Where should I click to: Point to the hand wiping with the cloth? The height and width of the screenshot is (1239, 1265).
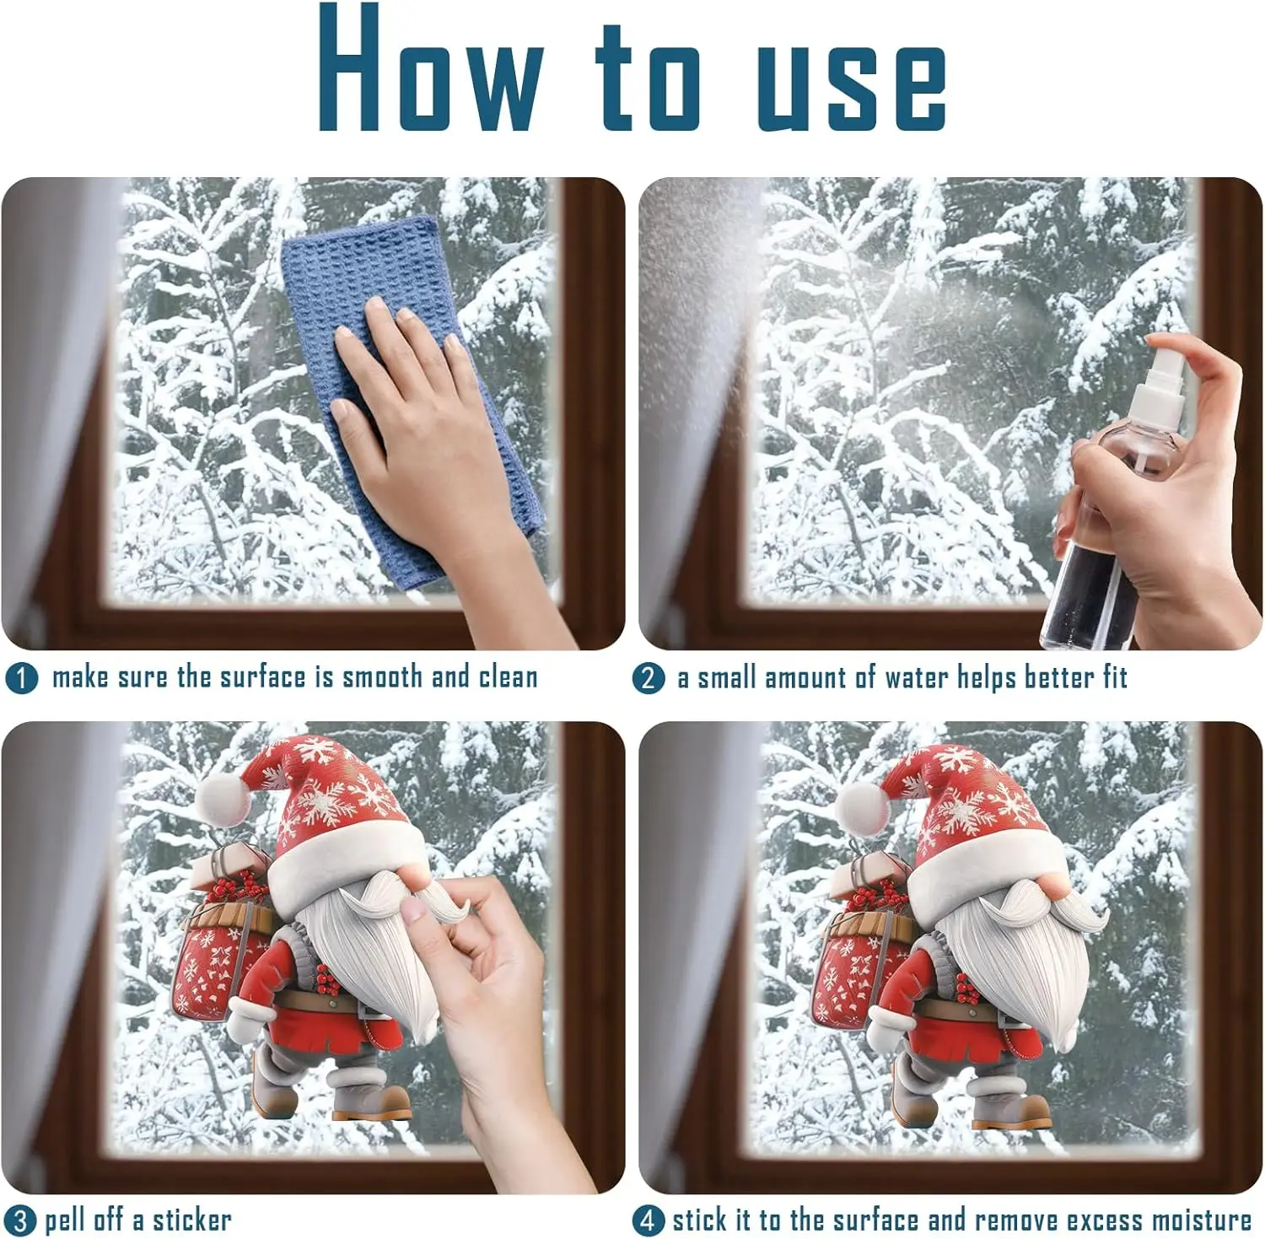[x=439, y=439]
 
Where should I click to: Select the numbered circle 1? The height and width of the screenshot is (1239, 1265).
[x=21, y=678]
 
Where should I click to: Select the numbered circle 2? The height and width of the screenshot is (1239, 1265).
[x=648, y=678]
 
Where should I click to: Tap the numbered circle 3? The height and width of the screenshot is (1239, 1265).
[x=21, y=1221]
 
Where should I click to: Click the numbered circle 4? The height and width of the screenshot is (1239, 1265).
[x=648, y=1220]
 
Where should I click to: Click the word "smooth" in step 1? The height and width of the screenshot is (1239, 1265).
[x=381, y=676]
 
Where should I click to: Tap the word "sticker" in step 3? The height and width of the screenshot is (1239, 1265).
[x=191, y=1220]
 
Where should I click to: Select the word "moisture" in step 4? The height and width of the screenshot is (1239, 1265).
[x=1202, y=1220]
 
